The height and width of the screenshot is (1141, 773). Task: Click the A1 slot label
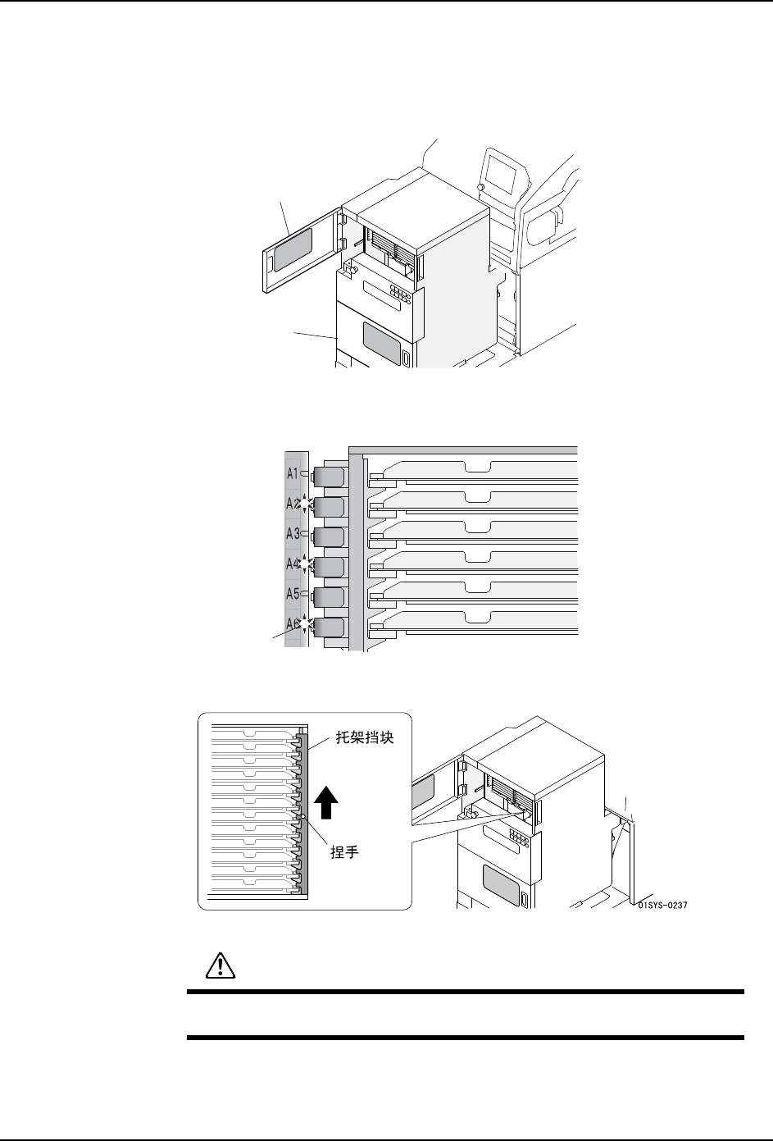293,473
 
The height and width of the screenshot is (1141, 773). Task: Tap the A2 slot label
292,504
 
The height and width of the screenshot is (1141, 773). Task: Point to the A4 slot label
292,564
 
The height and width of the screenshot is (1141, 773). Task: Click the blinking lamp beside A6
306,624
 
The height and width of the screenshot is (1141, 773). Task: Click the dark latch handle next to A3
330,537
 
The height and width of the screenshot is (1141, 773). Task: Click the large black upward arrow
325,801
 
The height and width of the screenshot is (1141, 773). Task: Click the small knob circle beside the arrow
303,816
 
